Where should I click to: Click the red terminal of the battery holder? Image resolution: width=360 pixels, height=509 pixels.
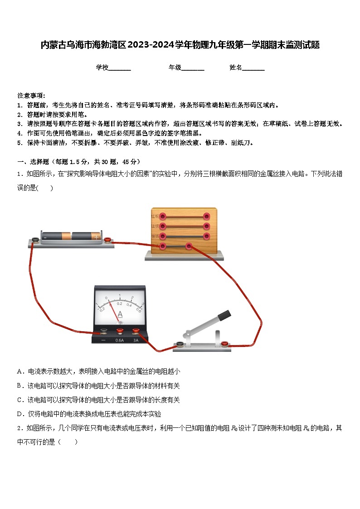pos(108,240)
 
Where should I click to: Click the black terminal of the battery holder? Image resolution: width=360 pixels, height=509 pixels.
pos(35,240)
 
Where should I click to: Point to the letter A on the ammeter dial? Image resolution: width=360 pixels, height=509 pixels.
pos(120,314)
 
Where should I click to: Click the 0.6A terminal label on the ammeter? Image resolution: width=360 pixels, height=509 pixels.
pos(120,340)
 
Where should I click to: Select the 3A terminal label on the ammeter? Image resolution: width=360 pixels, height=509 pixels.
pos(136,340)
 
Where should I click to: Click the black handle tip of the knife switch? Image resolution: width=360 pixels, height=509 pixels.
pos(224,314)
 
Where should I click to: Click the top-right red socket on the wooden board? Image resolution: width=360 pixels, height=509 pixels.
pos(207,216)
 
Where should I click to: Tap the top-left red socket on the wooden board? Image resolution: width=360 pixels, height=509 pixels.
pos(162,216)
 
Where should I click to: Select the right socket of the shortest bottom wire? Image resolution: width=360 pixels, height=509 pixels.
pos(189,246)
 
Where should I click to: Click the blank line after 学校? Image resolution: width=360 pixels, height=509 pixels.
pos(120,68)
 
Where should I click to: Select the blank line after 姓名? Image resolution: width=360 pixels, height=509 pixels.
pos(253,68)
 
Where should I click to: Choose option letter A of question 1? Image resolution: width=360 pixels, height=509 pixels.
pos(19,371)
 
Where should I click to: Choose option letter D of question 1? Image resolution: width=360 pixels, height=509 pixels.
pos(19,414)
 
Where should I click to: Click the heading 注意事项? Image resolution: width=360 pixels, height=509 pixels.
pos(31,96)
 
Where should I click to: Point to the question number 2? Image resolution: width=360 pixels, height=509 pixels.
pos(19,428)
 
